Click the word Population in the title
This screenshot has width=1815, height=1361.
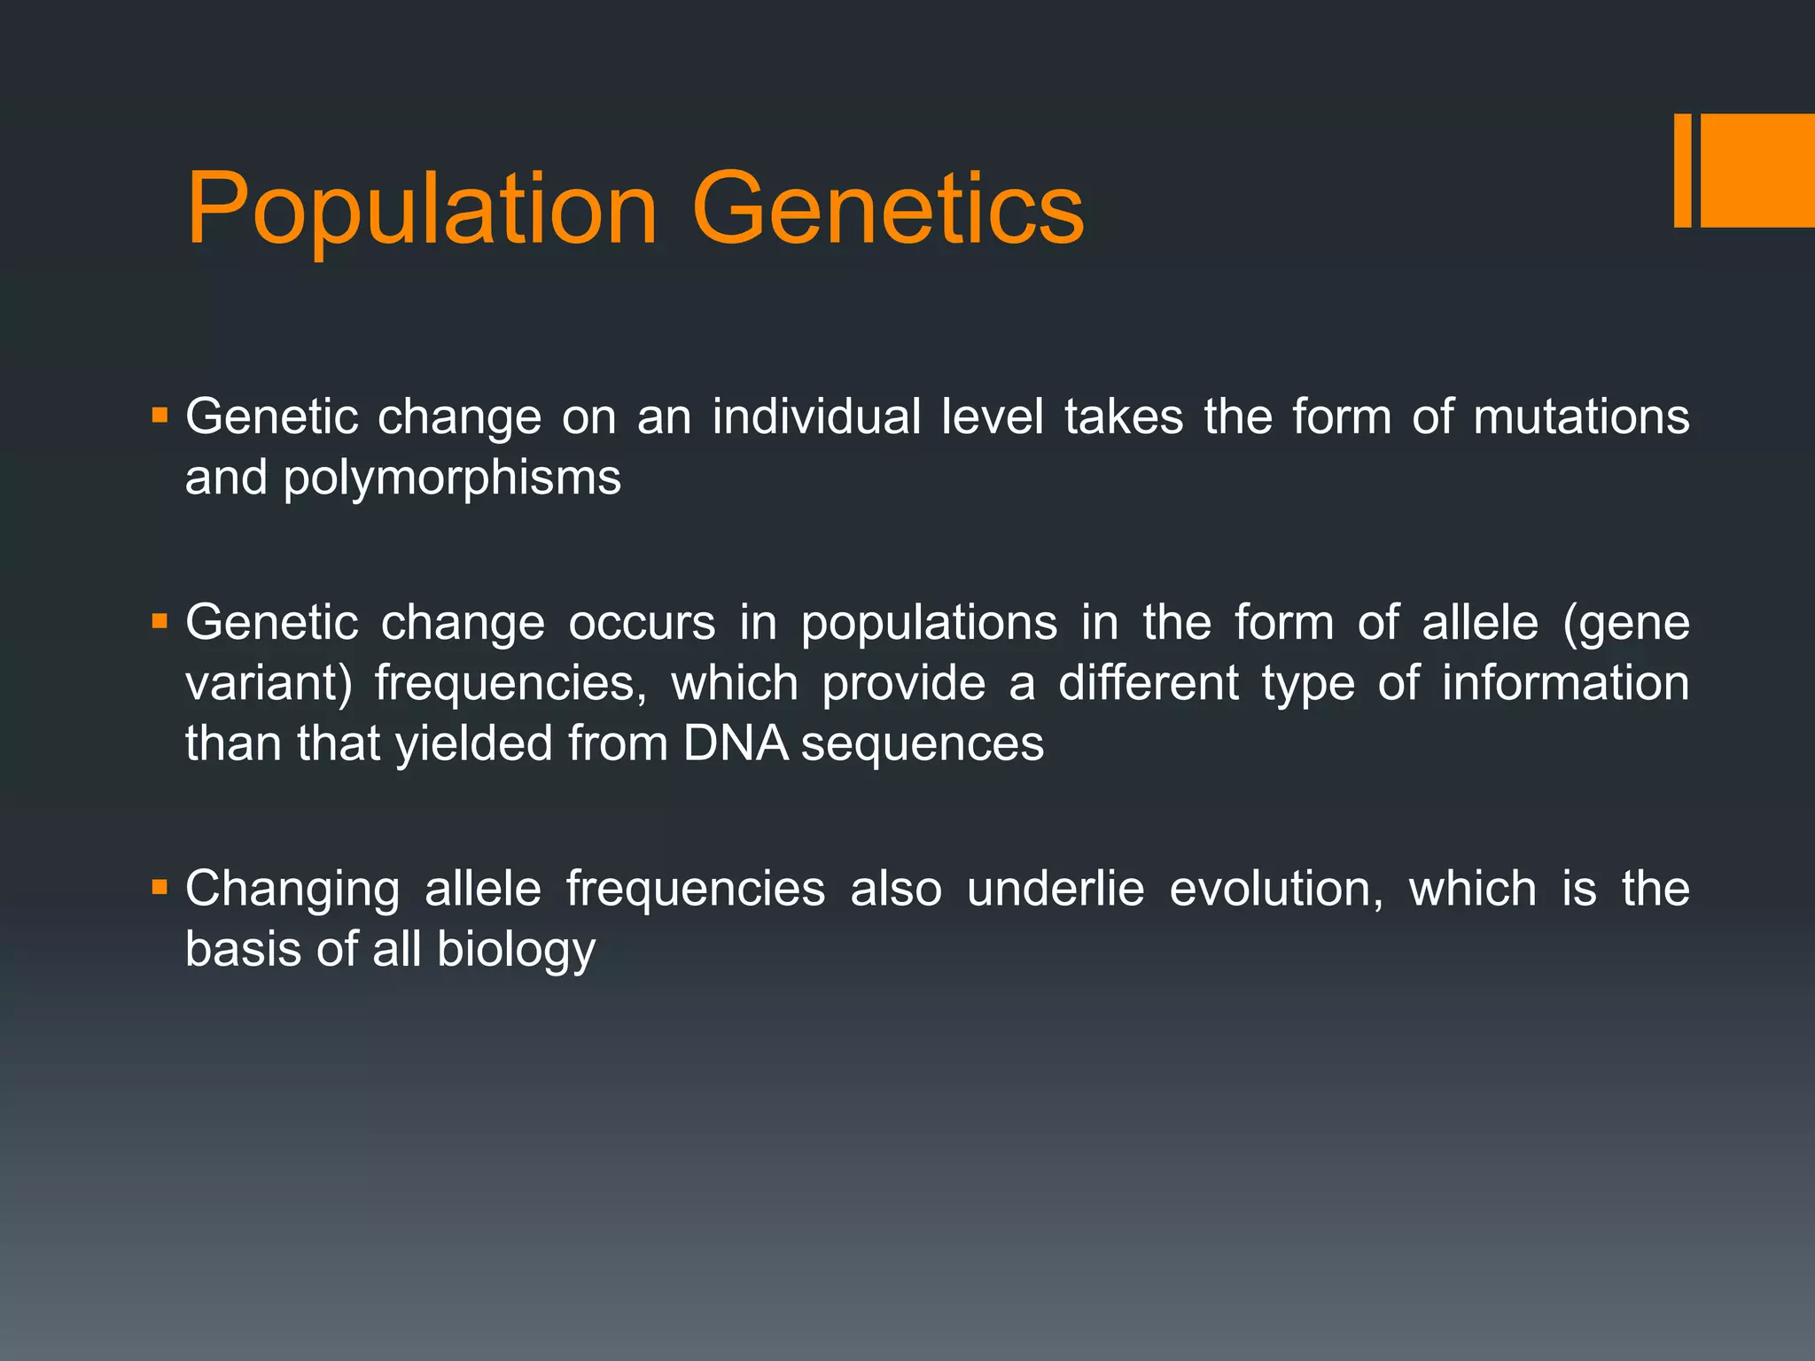422,211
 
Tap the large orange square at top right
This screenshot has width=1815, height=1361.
1757,170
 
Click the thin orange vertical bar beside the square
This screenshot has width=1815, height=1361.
1682,170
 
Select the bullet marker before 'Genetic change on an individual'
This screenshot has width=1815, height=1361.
160,415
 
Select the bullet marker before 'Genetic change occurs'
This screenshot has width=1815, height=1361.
160,620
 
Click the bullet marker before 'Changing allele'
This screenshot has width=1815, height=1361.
160,887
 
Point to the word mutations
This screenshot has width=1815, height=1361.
1581,416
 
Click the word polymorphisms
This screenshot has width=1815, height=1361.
452,478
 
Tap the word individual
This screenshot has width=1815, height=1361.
816,416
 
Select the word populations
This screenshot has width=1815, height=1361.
929,622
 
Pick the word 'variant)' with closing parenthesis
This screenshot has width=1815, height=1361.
269,684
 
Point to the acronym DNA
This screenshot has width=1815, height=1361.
736,743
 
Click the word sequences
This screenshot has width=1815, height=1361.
923,744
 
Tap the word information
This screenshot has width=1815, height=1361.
1565,683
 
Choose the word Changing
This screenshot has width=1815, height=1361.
292,890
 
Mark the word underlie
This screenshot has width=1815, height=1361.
1056,889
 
